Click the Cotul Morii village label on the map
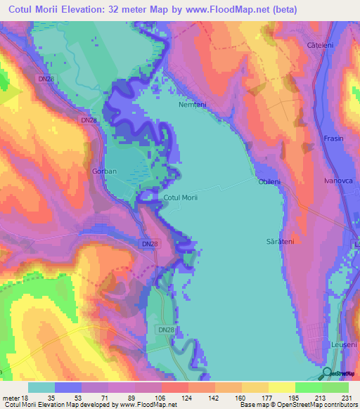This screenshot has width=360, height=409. coord(180,198)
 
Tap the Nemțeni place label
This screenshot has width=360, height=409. coord(192,105)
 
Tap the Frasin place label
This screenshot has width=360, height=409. coord(333,138)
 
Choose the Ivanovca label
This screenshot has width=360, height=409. coord(336,181)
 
